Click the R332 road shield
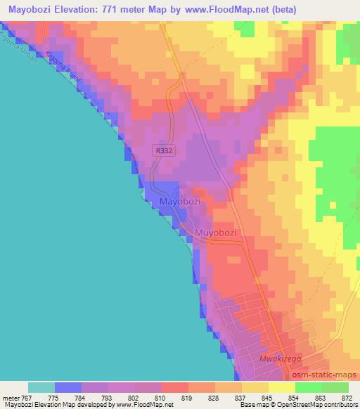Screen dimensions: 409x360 [163, 150]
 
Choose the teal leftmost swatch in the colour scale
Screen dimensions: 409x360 [41, 387]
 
